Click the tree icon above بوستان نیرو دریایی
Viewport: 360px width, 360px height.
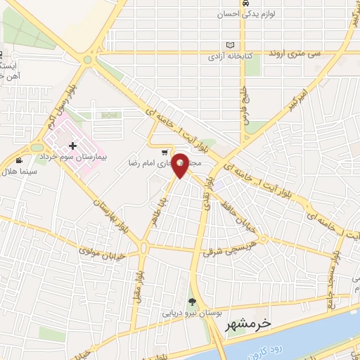(193, 302)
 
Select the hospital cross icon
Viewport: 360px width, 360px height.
(73, 145)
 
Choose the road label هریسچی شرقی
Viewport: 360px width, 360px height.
(226, 249)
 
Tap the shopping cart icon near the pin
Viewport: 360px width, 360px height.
(165, 153)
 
